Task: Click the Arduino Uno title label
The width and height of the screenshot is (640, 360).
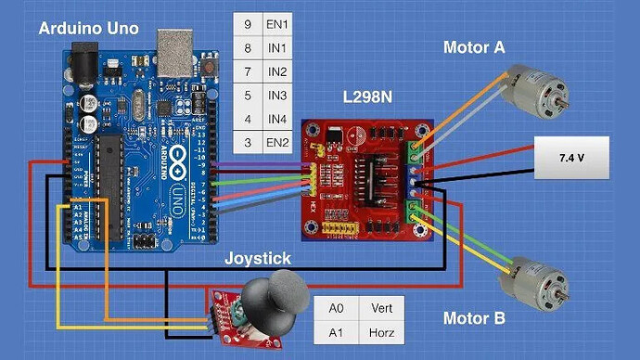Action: click(x=89, y=29)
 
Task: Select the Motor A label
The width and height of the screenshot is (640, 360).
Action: click(x=473, y=46)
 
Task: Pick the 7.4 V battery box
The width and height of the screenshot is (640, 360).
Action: click(x=571, y=158)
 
